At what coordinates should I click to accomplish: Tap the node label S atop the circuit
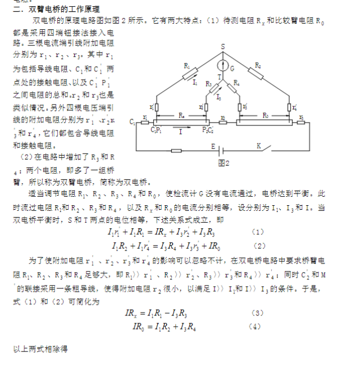pyautogui.click(x=222, y=46)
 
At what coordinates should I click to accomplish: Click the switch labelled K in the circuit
pyautogui.click(x=259, y=146)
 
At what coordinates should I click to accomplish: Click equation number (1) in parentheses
pyautogui.click(x=257, y=232)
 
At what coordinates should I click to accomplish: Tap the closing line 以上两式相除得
pyautogui.click(x=40, y=349)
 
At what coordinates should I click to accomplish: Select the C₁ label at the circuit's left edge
pyautogui.click(x=132, y=121)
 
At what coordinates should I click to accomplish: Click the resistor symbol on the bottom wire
pyautogui.click(x=176, y=151)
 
